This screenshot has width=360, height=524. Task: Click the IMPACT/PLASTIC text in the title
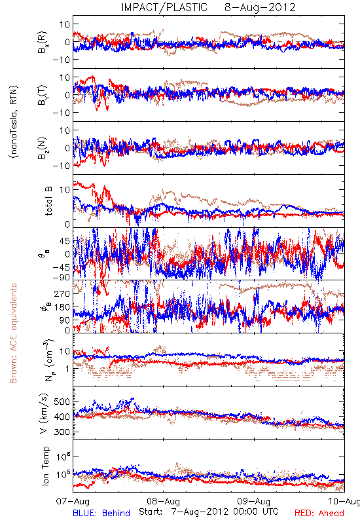coord(164,7)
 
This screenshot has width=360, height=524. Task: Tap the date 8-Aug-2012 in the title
coord(260,7)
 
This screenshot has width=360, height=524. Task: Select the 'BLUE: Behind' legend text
coord(101,513)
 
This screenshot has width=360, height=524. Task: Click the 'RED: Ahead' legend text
coord(319,513)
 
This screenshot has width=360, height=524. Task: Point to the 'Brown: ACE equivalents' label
coord(13,333)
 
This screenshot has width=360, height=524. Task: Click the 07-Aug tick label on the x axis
coord(73,501)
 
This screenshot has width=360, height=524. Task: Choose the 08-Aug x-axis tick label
coord(163,501)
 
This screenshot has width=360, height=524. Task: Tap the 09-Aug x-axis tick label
coord(254,501)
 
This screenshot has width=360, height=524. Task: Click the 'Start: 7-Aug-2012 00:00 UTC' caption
coord(208,512)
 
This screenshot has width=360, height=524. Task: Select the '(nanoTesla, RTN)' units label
coord(14,122)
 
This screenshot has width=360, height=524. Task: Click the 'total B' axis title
coord(48,201)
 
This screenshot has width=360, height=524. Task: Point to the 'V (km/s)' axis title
coord(44,413)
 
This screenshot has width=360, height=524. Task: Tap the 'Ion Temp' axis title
coord(45,466)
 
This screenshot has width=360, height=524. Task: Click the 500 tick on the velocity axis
coord(62,402)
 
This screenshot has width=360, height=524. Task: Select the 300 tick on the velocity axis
coord(62,432)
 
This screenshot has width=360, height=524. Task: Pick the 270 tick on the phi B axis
coord(62,293)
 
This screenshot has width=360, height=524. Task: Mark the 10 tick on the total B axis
coord(64,190)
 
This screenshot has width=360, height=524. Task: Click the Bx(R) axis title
coord(43,42)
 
